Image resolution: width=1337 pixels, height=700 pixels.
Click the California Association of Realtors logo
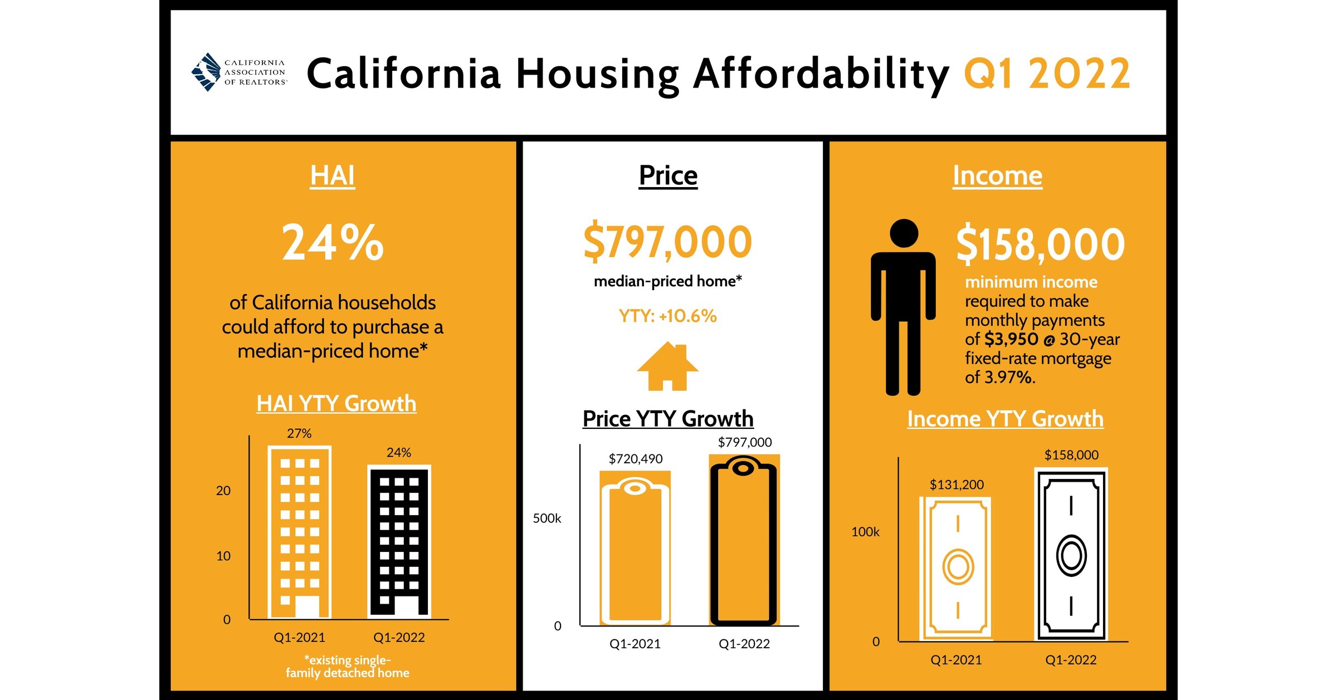click(x=238, y=72)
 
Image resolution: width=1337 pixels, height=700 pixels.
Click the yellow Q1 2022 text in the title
click(x=1046, y=74)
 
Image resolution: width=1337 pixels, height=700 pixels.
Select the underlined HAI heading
click(x=332, y=175)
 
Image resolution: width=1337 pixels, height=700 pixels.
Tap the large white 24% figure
click(x=333, y=242)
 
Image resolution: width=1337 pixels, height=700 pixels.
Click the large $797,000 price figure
click(x=667, y=242)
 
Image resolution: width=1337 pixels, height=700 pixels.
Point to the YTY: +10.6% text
click(x=667, y=316)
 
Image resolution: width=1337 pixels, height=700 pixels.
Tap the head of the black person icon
click(x=904, y=233)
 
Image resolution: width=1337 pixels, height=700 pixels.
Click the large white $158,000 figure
click(x=1040, y=244)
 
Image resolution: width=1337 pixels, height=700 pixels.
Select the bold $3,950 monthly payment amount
click(x=1011, y=339)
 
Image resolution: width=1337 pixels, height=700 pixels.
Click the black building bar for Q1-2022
click(x=399, y=542)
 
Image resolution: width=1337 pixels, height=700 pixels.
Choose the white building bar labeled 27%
click(x=300, y=532)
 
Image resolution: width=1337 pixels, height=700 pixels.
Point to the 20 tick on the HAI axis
click(x=223, y=491)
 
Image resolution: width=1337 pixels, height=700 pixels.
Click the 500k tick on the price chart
click(x=546, y=518)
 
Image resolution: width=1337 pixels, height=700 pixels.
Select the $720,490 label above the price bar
click(x=636, y=459)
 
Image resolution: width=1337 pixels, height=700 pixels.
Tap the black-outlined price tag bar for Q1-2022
click(x=744, y=540)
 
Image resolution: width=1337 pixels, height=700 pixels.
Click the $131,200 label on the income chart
click(x=957, y=484)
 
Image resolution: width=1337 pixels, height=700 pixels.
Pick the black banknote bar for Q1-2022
click(x=1071, y=554)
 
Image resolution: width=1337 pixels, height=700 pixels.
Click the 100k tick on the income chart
click(x=865, y=532)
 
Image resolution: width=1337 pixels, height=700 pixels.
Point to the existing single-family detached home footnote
click(x=347, y=667)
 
